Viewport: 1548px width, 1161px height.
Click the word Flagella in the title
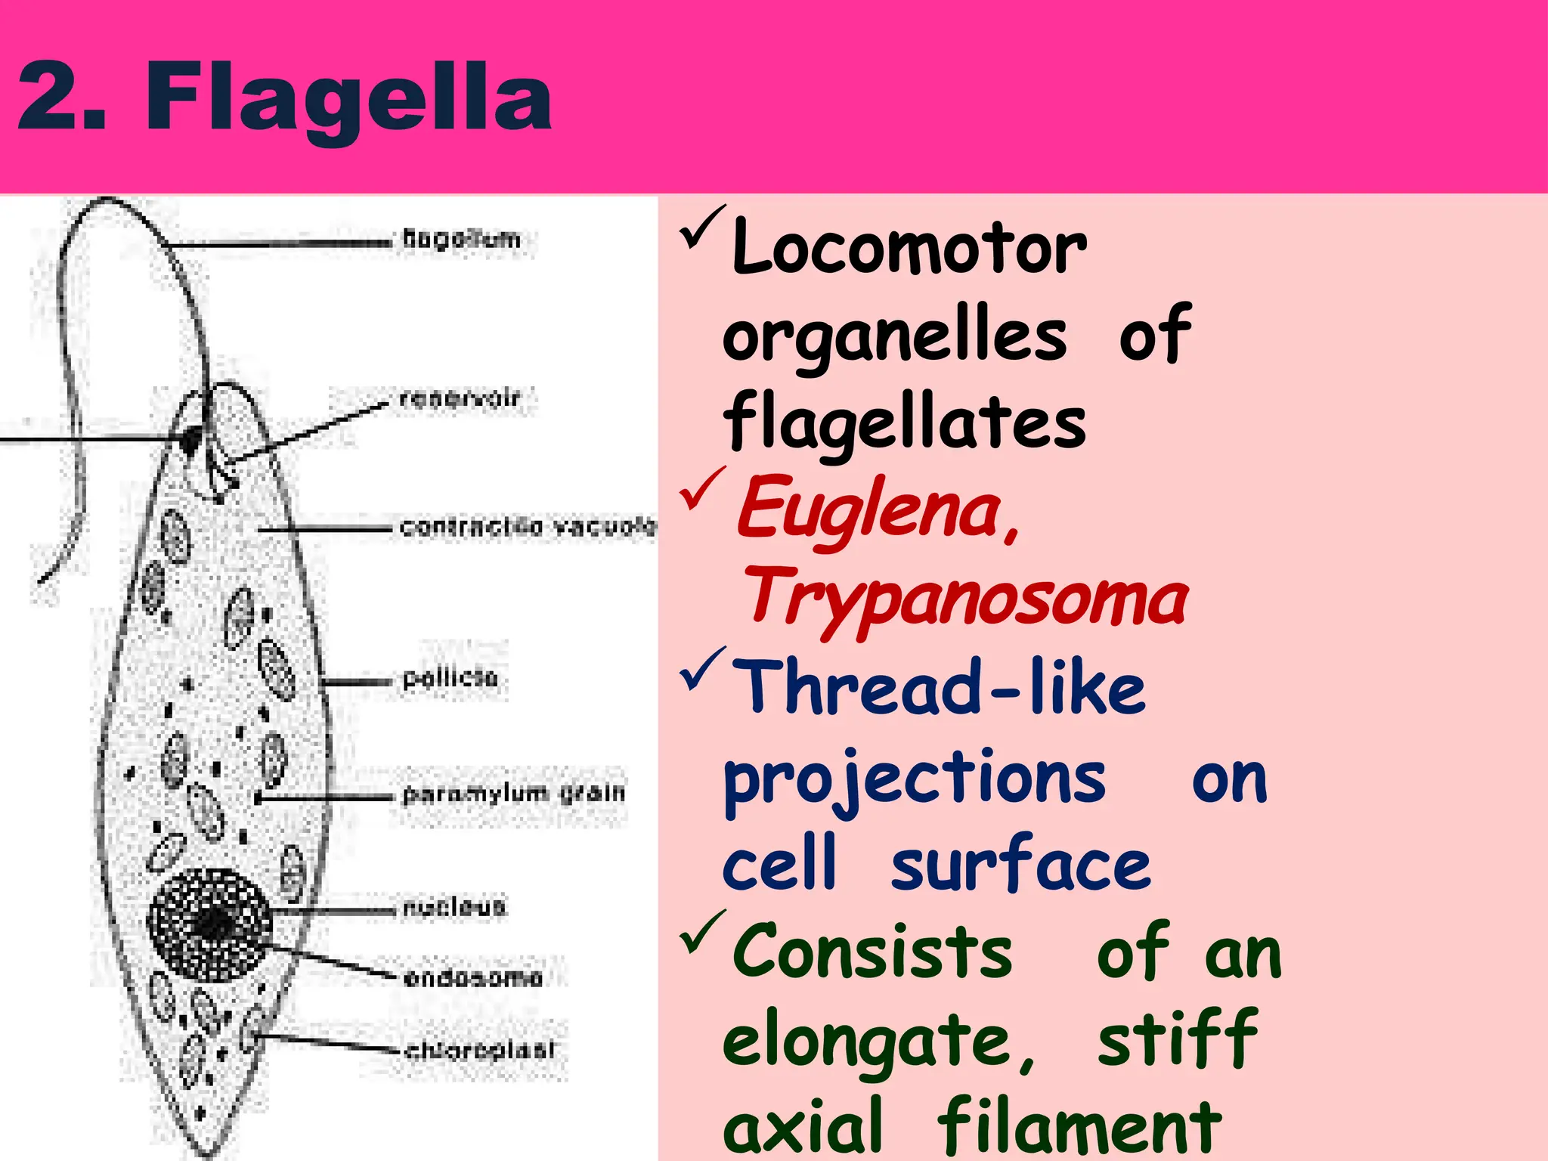click(x=349, y=98)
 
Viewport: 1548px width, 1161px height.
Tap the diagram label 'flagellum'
click(x=462, y=239)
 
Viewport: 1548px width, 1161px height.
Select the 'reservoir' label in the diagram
click(x=460, y=398)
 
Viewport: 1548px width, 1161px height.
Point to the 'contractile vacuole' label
click(x=528, y=526)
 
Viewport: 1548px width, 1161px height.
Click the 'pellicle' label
click(x=450, y=677)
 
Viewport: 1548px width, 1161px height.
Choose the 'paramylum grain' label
click(x=514, y=793)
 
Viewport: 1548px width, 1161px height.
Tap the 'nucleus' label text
click(x=454, y=906)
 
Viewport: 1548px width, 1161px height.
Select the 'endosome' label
click(x=473, y=978)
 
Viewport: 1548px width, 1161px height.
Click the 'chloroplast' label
click(x=480, y=1050)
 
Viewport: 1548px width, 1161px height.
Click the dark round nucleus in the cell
click(x=209, y=924)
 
